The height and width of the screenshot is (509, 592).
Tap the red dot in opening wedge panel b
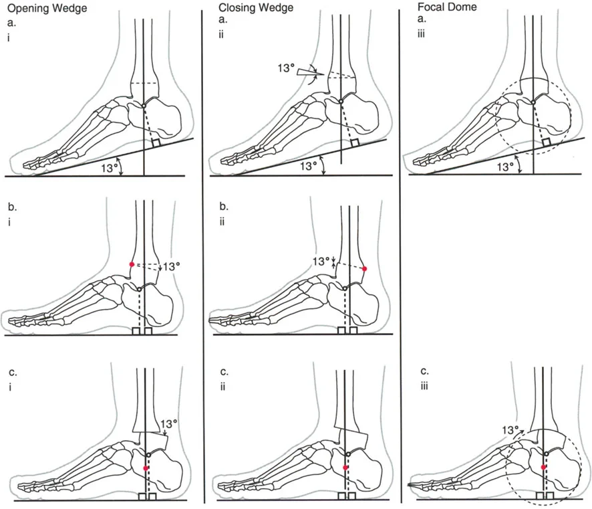click(x=132, y=264)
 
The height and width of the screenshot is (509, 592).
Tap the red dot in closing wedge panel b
click(x=365, y=269)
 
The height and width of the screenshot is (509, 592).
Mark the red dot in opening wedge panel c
click(x=146, y=468)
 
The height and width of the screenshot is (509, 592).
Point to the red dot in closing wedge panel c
click(x=345, y=467)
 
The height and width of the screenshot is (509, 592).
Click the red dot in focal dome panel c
click(x=544, y=467)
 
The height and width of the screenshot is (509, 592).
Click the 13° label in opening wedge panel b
click(x=172, y=266)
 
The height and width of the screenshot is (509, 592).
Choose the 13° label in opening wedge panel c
click(x=170, y=423)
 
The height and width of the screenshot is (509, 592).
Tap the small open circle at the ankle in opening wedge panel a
click(x=144, y=106)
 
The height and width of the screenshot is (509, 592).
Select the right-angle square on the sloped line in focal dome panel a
click(x=546, y=143)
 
